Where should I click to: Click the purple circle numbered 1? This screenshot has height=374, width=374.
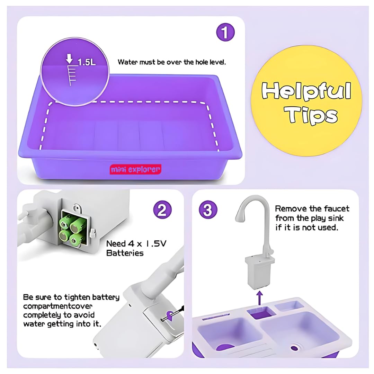pos(225,33)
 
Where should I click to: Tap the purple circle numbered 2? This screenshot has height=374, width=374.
pos(162,210)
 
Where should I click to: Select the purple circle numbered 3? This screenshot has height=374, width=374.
pos(208,210)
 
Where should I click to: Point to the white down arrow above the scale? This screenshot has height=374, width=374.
pos(70,59)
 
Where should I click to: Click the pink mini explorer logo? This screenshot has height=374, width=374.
pos(136,169)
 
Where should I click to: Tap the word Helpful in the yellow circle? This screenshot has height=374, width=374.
pos(306,91)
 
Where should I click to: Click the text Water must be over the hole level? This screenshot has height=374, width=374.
pos(172,62)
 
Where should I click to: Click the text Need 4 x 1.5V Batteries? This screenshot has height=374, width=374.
pos(136,248)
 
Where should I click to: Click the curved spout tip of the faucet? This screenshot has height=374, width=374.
pos(239,217)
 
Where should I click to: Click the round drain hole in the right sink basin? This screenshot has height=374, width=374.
pos(295,347)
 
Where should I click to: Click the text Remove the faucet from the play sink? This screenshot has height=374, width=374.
pos(312,218)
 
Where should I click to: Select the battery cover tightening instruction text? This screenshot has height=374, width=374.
pos(71,311)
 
